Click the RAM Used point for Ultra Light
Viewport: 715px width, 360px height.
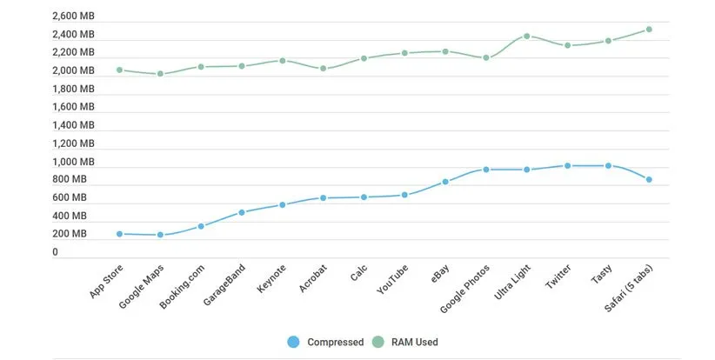pos(527,37)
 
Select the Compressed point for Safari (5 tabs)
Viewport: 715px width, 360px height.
pos(649,180)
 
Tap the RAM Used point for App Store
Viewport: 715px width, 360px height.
pos(119,70)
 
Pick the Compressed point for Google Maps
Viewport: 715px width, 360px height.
pos(160,235)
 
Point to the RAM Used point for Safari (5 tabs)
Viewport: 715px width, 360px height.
pos(649,30)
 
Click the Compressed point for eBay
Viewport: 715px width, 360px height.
pos(445,182)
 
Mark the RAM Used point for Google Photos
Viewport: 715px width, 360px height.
pos(486,58)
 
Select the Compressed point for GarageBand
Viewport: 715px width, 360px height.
pos(242,212)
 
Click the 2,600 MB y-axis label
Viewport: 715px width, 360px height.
pos(73,16)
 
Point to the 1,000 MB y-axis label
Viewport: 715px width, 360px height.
pos(73,162)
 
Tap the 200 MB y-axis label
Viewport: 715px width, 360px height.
pos(70,234)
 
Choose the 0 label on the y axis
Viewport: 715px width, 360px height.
pos(56,252)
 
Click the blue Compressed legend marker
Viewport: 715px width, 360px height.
pos(293,342)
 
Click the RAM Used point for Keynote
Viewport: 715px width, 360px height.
pos(283,61)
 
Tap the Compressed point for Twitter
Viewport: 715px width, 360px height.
pos(567,165)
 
